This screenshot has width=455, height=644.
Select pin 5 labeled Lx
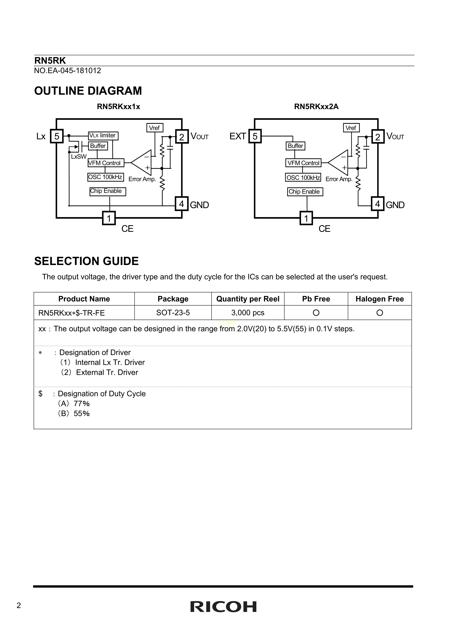tap(57, 136)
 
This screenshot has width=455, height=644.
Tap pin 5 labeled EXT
tap(255, 136)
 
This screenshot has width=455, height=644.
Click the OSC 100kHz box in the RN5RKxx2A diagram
tap(303, 177)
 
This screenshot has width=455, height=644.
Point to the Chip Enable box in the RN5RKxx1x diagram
tap(108, 191)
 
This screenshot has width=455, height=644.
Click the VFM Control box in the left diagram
tap(106, 163)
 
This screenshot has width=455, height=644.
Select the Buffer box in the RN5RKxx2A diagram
tap(295, 146)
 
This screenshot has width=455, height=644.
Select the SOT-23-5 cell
tap(173, 313)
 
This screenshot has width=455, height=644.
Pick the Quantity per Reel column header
tap(248, 299)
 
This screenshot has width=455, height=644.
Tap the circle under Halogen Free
tap(380, 313)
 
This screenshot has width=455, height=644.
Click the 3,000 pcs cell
tap(248, 313)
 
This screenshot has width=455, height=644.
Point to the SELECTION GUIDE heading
tap(86, 261)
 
